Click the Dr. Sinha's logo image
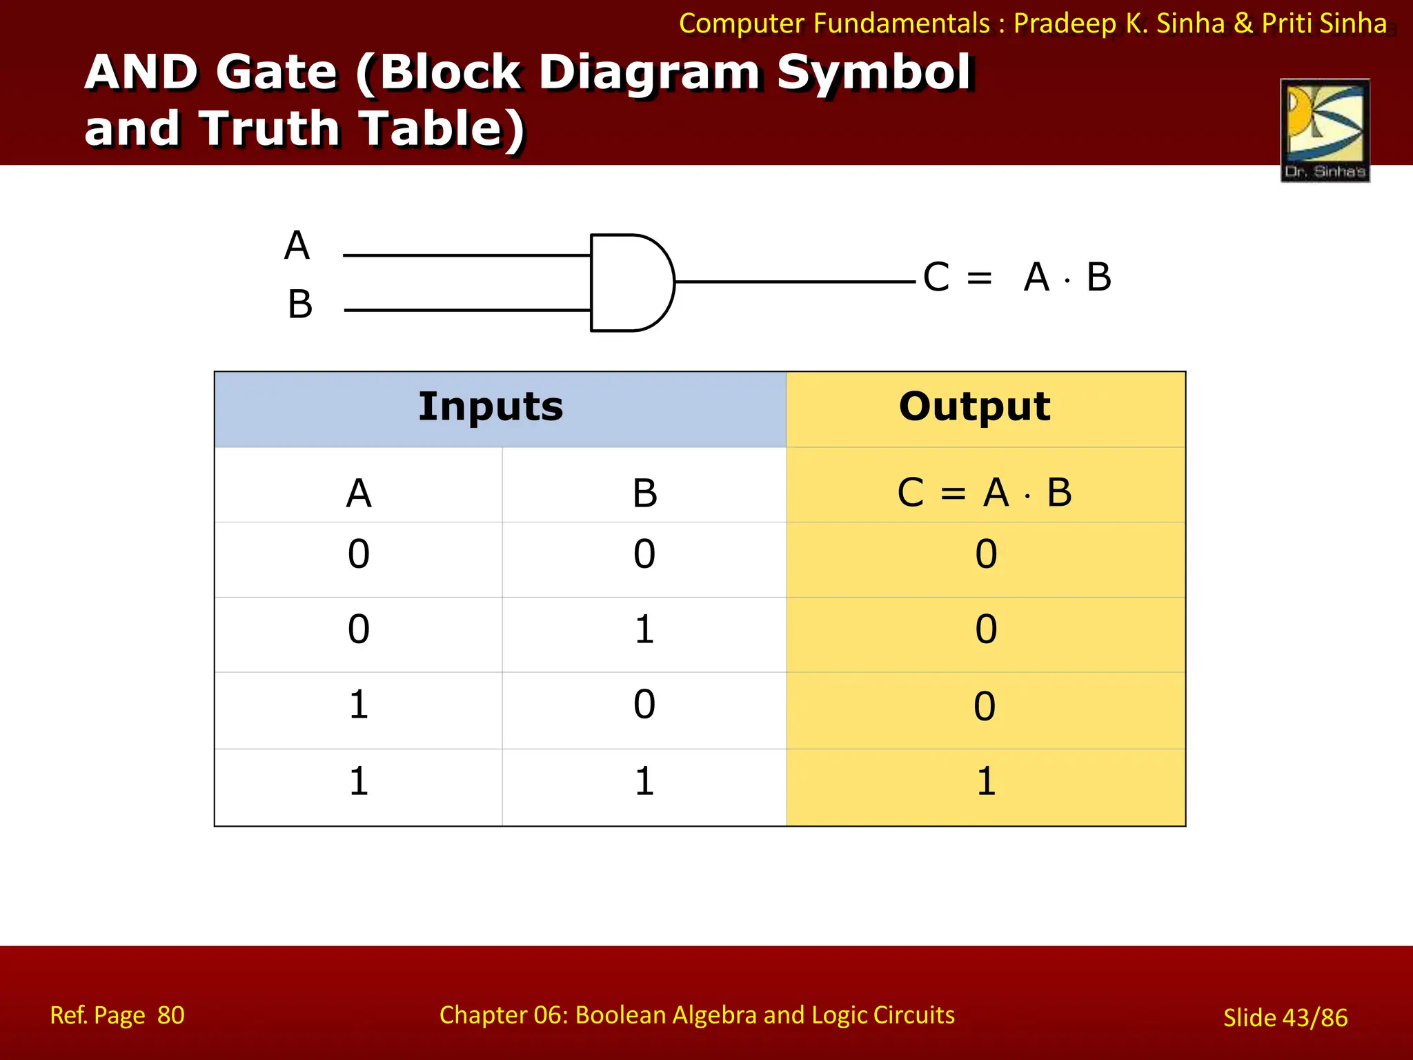1325,130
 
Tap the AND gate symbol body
629,282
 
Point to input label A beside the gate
297,246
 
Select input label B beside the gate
300,304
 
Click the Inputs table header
491,406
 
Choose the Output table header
974,406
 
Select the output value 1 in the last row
986,782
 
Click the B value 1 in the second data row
644,629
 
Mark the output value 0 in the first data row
986,554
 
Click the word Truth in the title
279,128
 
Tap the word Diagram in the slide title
649,72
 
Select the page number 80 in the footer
170,1015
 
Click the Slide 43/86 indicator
1285,1017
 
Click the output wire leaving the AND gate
793,282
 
